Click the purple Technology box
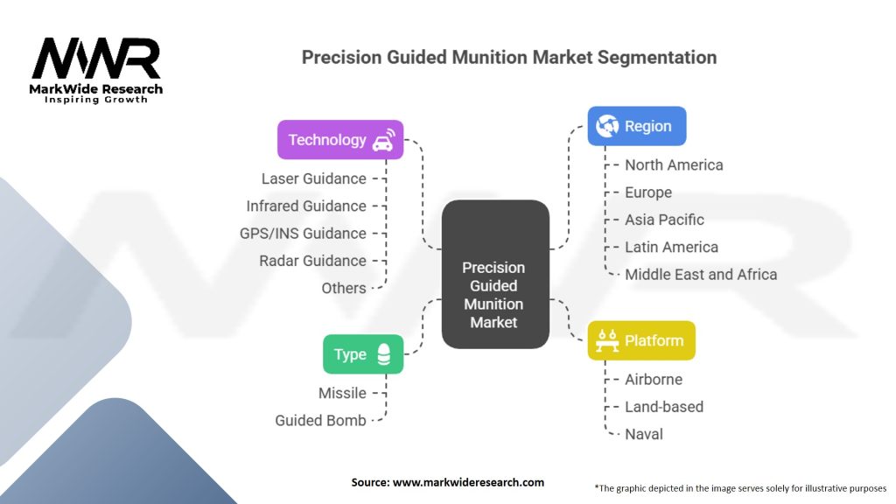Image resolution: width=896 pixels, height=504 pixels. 339,140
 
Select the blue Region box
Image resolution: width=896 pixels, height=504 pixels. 636,126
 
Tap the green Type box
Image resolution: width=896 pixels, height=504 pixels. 362,354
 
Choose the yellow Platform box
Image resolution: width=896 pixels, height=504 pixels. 640,340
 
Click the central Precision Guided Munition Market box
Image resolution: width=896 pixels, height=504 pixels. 494,275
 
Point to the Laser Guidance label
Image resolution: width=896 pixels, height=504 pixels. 313,178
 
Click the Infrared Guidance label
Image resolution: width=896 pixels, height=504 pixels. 305,206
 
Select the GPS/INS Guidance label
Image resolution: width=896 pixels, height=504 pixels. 302,234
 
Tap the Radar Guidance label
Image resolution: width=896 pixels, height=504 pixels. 312,261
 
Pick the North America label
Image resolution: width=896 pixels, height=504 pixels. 674,164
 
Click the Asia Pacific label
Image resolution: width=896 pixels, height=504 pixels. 664,220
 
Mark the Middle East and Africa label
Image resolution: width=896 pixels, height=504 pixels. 700,274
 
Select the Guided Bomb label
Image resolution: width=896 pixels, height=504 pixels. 320,420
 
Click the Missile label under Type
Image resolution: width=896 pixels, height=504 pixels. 342,393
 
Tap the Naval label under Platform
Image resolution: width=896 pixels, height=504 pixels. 643,434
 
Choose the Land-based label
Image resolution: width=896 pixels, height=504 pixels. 663,406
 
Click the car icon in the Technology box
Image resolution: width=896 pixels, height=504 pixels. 383,140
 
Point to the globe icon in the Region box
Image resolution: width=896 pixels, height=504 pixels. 606,126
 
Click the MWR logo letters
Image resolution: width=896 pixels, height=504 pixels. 96,59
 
